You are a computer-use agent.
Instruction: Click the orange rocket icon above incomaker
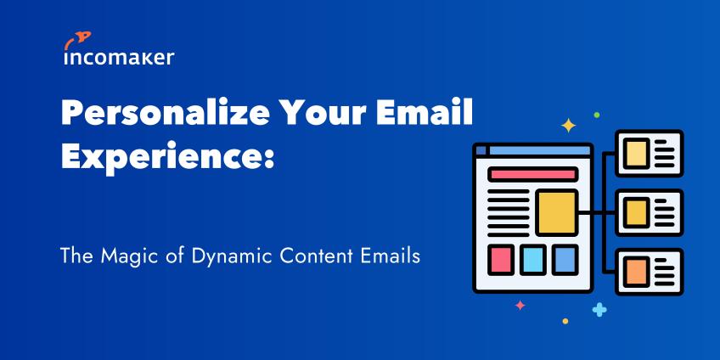77,40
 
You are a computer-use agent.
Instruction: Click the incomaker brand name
119,58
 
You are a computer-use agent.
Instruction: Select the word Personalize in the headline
166,115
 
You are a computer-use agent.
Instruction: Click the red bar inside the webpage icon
532,174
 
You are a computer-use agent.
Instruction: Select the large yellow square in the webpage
557,212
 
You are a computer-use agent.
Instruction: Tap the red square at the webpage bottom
500,260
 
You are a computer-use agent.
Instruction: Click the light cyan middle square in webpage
533,260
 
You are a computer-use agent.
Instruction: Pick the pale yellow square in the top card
637,153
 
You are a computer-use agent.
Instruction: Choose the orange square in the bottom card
637,272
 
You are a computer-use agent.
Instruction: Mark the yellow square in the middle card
637,212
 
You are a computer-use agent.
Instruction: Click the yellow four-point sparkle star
569,126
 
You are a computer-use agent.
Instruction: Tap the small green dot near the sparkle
597,115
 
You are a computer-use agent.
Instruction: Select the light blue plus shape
599,310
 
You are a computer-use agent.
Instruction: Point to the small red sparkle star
520,305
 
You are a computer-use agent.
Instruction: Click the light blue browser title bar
539,150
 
